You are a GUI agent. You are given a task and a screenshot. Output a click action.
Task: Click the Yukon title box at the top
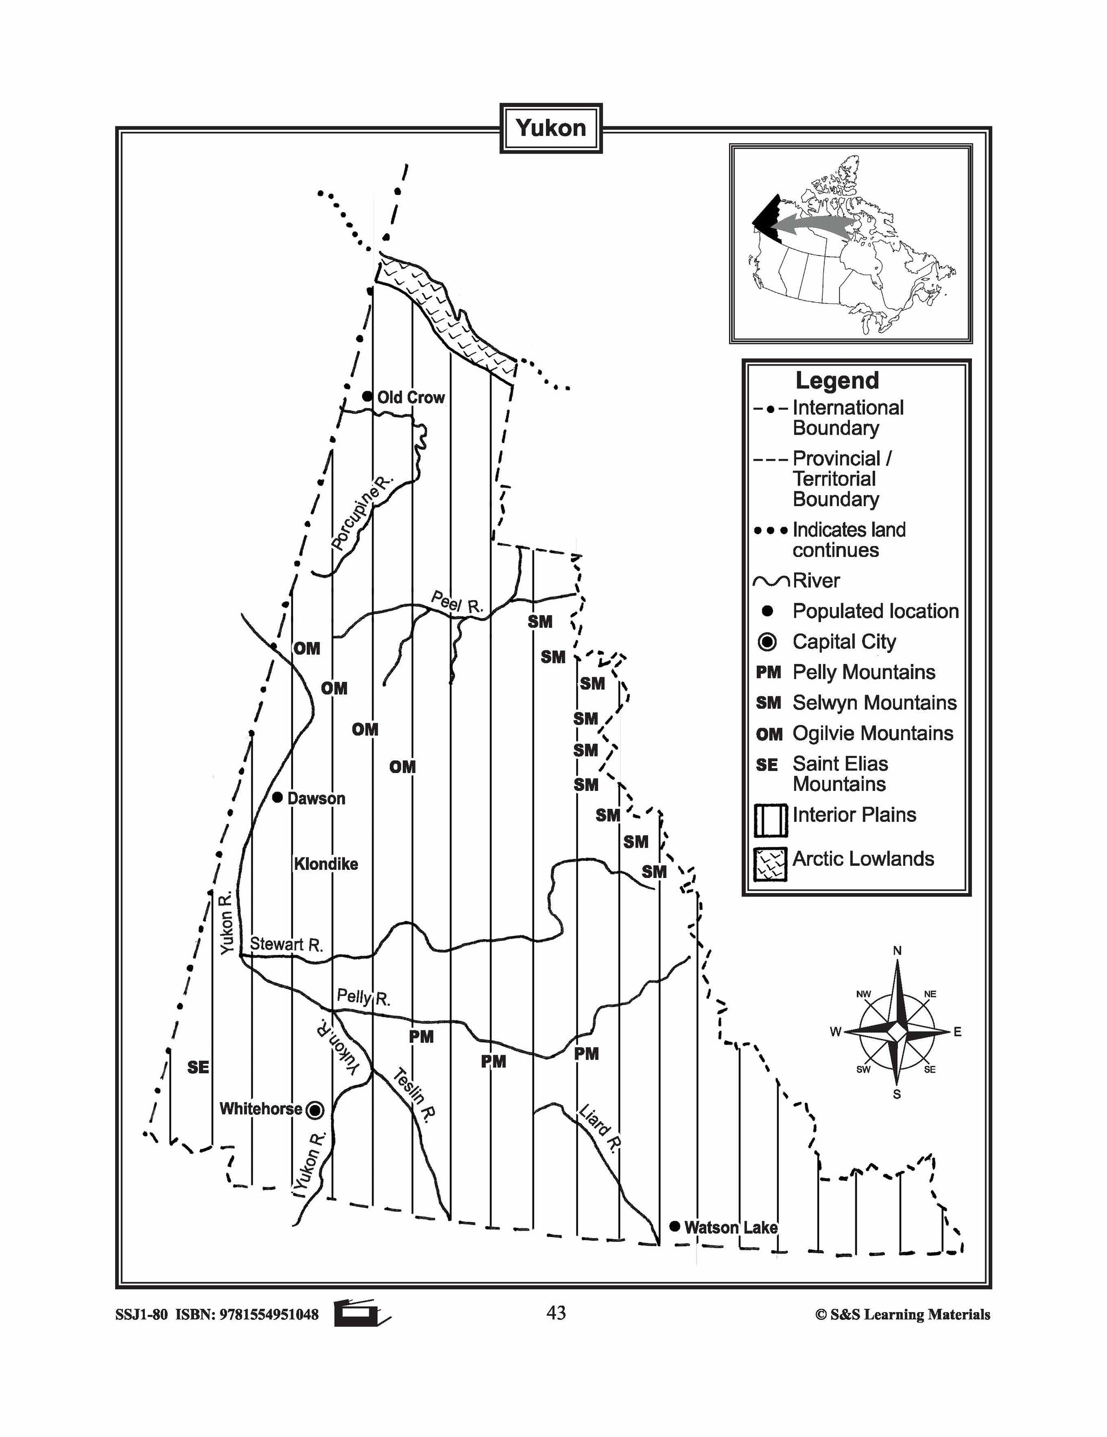tap(551, 128)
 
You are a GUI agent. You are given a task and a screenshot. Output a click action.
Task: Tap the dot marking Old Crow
tap(367, 396)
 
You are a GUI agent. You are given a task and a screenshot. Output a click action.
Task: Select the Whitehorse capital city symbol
tap(316, 1110)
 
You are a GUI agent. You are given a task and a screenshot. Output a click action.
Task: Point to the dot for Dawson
tap(278, 797)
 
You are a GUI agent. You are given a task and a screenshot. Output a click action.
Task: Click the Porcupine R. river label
tap(361, 513)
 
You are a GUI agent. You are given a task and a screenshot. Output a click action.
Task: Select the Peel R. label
tap(457, 603)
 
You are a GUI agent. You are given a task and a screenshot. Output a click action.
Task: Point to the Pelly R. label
tap(363, 997)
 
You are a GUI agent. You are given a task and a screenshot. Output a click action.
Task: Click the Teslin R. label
tap(415, 1095)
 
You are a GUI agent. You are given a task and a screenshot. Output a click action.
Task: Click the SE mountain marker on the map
tap(198, 1067)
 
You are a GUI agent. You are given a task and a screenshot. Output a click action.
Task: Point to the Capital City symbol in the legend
tap(767, 642)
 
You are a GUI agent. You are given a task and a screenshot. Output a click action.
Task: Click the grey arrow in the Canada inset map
tap(816, 224)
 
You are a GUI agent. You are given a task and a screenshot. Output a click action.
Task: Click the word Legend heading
tap(837, 380)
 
